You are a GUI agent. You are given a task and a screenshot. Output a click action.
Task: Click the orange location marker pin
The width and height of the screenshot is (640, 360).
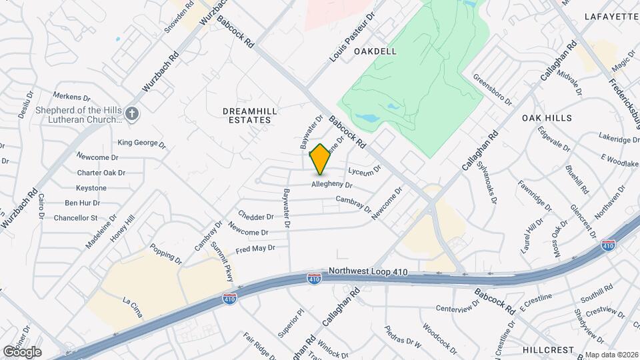[x=320, y=159]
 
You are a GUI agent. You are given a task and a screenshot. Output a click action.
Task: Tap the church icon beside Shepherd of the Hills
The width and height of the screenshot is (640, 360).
[x=132, y=113]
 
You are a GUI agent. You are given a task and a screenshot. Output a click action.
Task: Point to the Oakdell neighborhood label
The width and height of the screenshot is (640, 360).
[x=375, y=51]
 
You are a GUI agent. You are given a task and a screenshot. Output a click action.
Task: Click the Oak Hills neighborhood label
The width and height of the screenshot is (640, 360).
[x=547, y=118]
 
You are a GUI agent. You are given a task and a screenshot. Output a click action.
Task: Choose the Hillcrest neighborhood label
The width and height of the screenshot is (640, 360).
[x=548, y=350]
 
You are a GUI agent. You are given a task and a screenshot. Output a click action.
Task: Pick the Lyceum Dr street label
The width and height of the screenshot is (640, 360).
[x=364, y=170]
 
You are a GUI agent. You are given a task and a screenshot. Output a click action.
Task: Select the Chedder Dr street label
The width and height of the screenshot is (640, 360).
[x=256, y=217]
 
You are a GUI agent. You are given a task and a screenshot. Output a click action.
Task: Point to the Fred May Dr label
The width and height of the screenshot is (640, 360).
[x=255, y=249]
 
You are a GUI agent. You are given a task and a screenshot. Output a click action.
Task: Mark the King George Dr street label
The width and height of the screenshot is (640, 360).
[x=141, y=143]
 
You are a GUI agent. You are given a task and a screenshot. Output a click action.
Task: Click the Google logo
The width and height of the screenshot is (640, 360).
[x=22, y=351]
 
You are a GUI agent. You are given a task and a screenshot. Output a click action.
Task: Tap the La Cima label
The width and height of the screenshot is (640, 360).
[x=133, y=301]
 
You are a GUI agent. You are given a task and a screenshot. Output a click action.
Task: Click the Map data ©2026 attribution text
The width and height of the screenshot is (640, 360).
[x=612, y=355]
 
